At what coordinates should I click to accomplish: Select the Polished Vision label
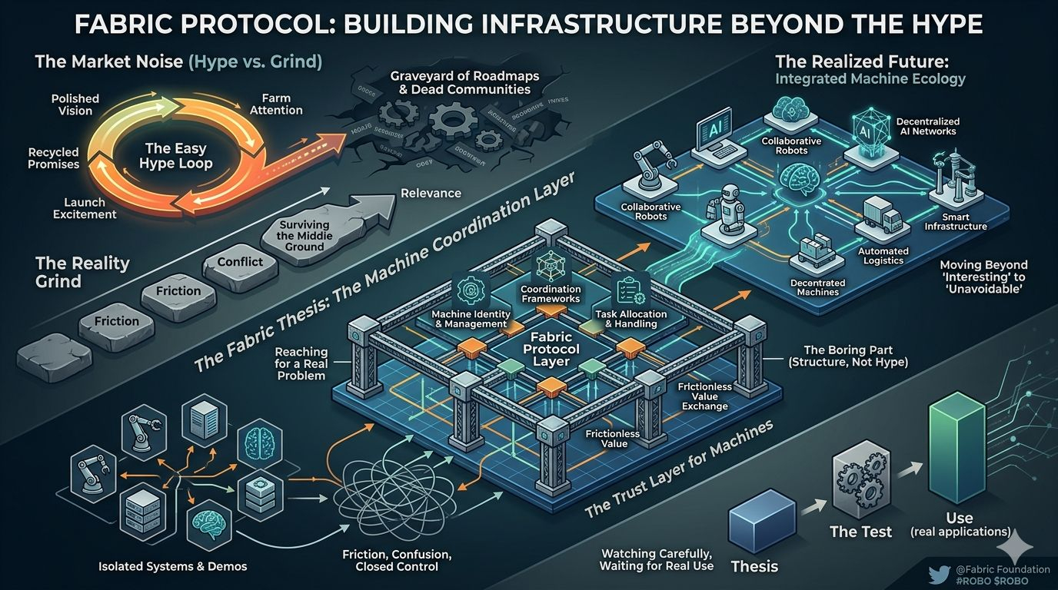click(75, 104)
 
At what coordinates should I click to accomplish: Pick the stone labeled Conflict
click(240, 261)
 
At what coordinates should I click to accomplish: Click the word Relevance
click(431, 194)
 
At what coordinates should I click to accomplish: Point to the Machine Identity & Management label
click(469, 318)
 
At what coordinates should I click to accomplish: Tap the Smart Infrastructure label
click(956, 222)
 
